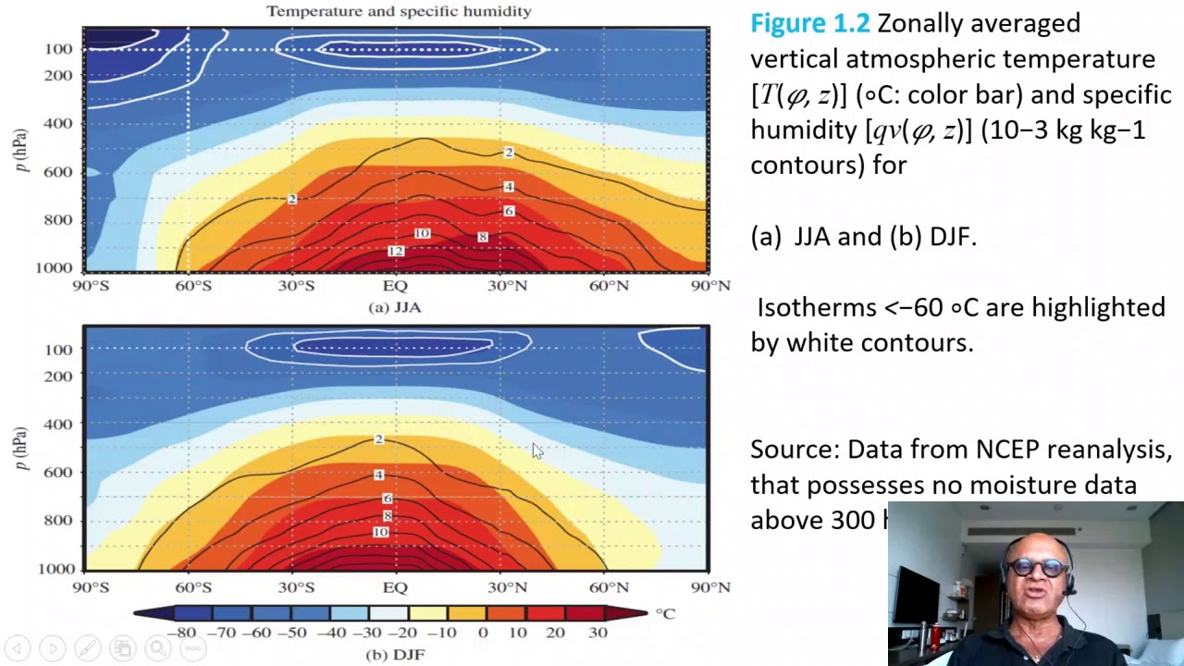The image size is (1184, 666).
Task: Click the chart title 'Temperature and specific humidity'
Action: point(399,11)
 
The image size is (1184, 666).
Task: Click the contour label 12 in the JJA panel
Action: point(396,251)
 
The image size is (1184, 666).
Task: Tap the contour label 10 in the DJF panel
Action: point(380,532)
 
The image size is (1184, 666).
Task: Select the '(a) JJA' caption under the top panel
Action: point(395,307)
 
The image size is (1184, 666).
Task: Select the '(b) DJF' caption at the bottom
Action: point(395,654)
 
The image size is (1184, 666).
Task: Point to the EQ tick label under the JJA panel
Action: point(395,286)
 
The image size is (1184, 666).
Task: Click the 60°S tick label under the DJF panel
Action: point(193,587)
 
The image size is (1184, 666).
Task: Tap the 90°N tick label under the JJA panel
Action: point(710,286)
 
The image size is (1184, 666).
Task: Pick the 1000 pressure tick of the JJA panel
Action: point(55,267)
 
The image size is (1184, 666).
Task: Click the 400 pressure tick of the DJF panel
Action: point(58,424)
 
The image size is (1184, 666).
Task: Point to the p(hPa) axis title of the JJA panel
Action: point(21,150)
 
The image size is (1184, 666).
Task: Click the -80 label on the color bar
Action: point(185,633)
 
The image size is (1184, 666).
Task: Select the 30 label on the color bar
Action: point(598,633)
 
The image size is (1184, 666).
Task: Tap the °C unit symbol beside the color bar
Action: point(666,613)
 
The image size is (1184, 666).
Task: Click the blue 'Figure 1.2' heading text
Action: point(809,23)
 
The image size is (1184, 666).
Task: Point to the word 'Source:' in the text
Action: point(795,450)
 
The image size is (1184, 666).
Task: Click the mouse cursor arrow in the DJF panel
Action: point(537,450)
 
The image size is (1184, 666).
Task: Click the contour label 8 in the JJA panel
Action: point(482,237)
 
